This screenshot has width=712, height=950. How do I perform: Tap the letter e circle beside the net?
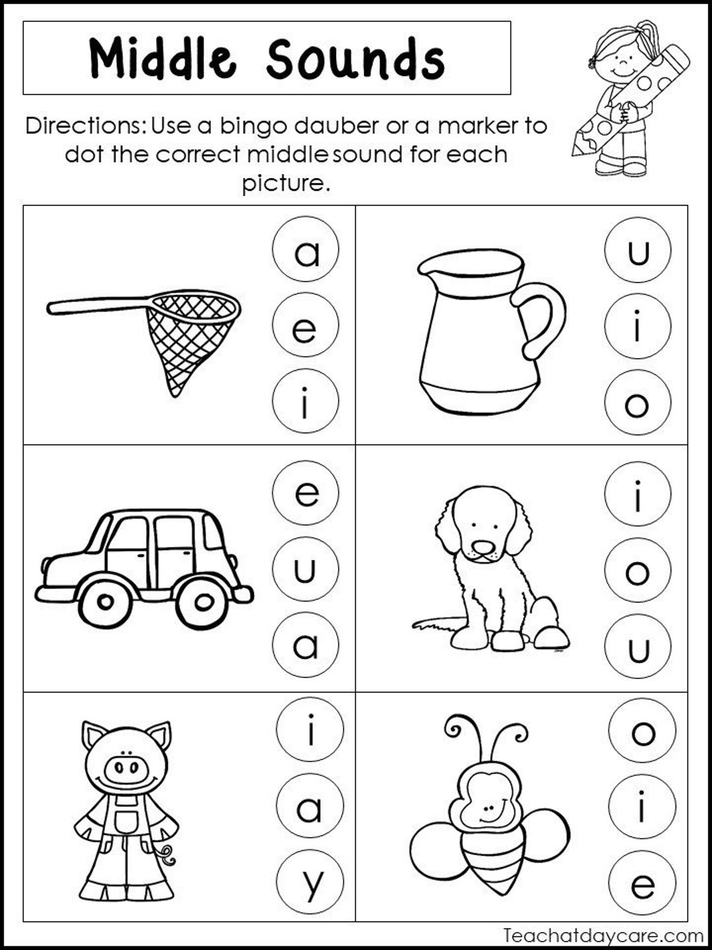click(x=305, y=327)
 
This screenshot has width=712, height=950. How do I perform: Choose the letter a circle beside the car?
click(x=305, y=645)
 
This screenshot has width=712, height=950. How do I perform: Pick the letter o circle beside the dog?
click(x=638, y=571)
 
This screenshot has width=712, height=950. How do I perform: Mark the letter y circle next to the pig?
click(x=310, y=883)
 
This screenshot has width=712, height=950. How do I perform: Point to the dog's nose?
click(x=485, y=547)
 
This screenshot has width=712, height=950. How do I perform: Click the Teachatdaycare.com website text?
click(x=603, y=935)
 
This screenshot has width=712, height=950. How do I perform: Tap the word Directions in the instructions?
click(x=86, y=125)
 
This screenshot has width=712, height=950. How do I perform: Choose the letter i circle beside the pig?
click(x=310, y=731)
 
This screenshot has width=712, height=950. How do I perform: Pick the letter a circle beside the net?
click(x=305, y=250)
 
